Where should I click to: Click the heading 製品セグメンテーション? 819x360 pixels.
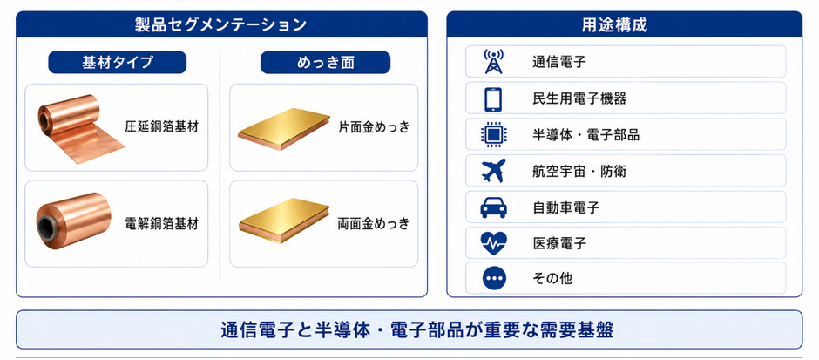coord(220,25)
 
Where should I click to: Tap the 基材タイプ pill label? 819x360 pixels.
coord(118,62)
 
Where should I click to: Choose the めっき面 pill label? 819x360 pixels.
coord(325,62)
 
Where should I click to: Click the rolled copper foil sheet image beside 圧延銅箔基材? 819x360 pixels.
coord(78,127)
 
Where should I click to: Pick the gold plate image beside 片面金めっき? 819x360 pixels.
coord(284,129)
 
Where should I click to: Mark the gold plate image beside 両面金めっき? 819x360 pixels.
coord(284,221)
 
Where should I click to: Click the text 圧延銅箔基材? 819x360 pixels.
coord(161,127)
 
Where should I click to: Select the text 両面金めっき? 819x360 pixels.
coord(374,224)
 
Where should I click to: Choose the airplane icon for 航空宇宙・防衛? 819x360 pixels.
coord(493,170)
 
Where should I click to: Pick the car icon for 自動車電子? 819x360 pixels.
coord(493,207)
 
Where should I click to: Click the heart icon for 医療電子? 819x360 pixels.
coord(493,243)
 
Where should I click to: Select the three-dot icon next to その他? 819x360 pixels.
coord(493,278)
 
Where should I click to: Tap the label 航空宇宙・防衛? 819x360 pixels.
coord(579,171)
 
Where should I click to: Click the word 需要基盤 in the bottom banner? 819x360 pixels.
coord(581,330)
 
